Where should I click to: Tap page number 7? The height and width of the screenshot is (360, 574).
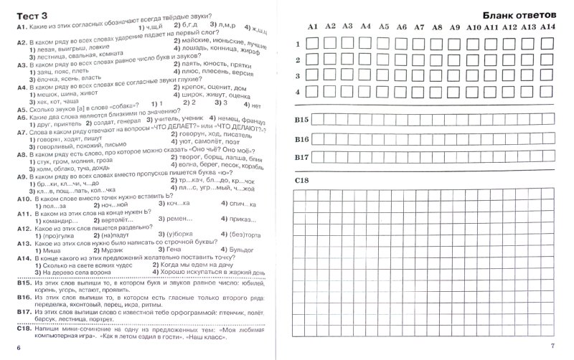pos(563,347)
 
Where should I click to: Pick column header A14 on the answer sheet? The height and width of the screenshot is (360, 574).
pos(547,27)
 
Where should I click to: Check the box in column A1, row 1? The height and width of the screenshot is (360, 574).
pos(313,42)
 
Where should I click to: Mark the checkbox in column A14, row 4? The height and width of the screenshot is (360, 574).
pos(547,91)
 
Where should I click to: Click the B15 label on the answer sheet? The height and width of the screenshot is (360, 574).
pos(301,119)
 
